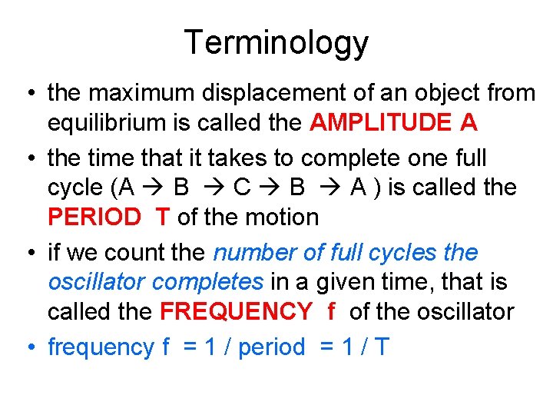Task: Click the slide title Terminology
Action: (x=276, y=42)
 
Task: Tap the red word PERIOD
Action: (x=94, y=217)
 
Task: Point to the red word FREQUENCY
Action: (x=236, y=312)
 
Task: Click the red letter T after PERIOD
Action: (x=162, y=217)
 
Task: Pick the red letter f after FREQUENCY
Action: (x=331, y=312)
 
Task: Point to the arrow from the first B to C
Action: (x=216, y=188)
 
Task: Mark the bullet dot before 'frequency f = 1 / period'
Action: (x=27, y=347)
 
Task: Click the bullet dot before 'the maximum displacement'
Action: (x=27, y=93)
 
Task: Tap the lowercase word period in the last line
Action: (x=272, y=347)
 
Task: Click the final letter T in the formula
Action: (x=380, y=347)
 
